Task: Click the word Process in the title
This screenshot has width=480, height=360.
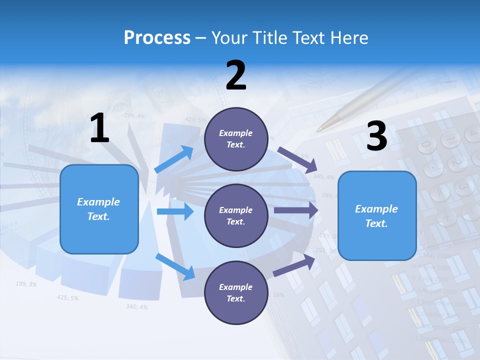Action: pyautogui.click(x=157, y=37)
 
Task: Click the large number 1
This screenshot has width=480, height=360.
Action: pyautogui.click(x=99, y=128)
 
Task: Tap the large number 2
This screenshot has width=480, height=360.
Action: pyautogui.click(x=236, y=75)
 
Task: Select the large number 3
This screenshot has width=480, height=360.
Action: pyautogui.click(x=376, y=136)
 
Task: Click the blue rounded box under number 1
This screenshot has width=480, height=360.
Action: pyautogui.click(x=99, y=209)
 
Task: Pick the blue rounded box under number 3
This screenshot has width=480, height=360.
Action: pyautogui.click(x=377, y=215)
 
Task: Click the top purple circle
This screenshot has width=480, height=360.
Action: pyautogui.click(x=235, y=139)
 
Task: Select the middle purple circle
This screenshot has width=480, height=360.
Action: pyautogui.click(x=235, y=215)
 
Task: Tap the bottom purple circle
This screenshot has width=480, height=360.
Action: pyautogui.click(x=235, y=292)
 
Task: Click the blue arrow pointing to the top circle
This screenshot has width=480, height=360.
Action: pyautogui.click(x=174, y=159)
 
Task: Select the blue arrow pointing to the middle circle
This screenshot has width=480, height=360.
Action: pyautogui.click(x=175, y=211)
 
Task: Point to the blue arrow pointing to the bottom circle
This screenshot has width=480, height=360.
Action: pyautogui.click(x=175, y=266)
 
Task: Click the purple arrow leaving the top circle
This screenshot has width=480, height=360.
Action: pyautogui.click(x=298, y=158)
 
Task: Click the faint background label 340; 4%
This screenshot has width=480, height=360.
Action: pyautogui.click(x=136, y=306)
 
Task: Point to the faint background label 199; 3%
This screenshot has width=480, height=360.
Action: pyautogui.click(x=26, y=284)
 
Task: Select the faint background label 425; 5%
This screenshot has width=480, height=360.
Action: pyautogui.click(x=67, y=298)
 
